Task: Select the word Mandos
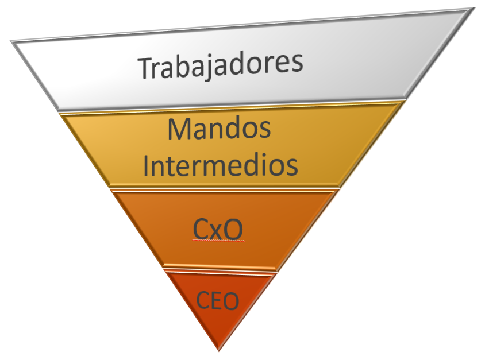pos(219,128)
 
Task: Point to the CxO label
pos(218,229)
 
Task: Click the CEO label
pos(217,301)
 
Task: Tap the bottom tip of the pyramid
pos(219,351)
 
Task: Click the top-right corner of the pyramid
pos(475,8)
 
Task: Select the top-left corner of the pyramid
pos(10,41)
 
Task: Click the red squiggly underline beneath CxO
pos(218,240)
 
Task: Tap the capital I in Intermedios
pos(146,165)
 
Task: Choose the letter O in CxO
pos(233,229)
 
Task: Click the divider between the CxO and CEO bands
pos(220,269)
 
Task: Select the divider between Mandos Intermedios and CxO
pos(225,188)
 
